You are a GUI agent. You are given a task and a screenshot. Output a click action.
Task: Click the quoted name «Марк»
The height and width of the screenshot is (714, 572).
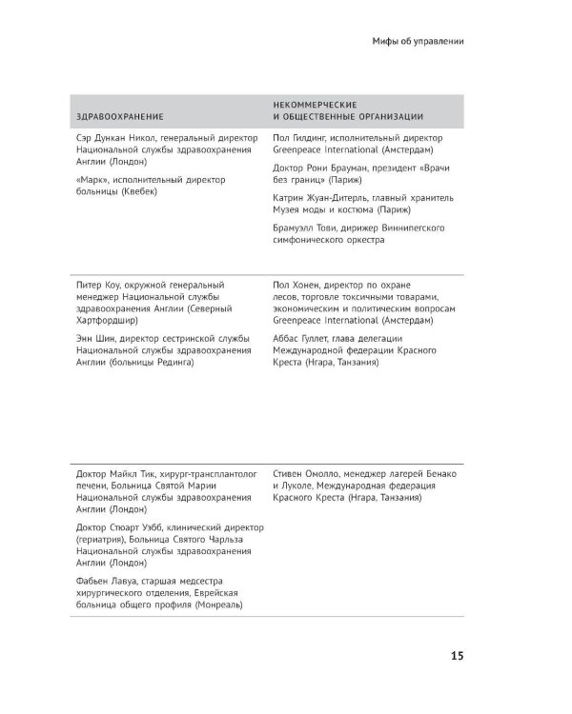(91, 179)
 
